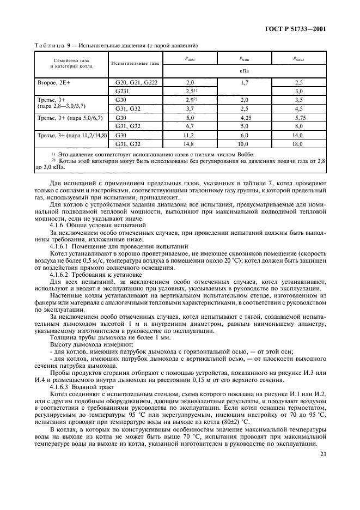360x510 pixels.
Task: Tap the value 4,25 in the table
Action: point(244,117)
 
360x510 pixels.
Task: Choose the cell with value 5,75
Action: point(298,117)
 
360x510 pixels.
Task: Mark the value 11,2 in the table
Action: point(190,135)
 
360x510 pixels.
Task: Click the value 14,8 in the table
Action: point(190,144)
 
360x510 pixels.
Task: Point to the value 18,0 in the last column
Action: point(298,144)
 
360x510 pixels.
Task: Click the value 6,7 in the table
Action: point(190,126)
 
